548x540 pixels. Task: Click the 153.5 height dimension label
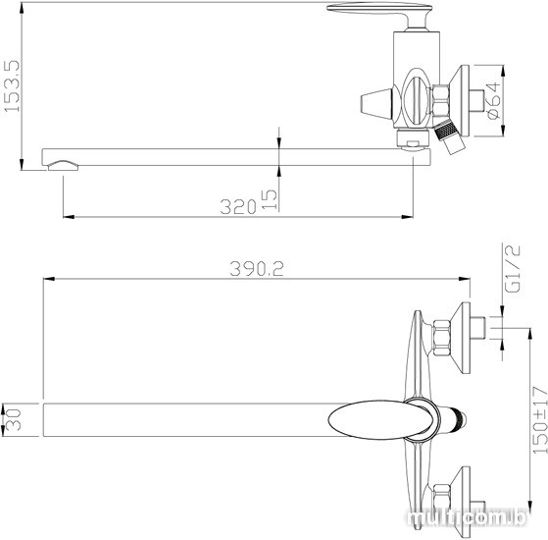click(x=12, y=86)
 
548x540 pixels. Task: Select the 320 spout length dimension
click(x=238, y=206)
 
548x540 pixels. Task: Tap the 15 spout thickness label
click(x=270, y=199)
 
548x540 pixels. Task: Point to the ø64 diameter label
click(x=493, y=101)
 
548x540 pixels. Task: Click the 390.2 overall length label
click(x=257, y=269)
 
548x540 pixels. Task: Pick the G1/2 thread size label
click(x=513, y=268)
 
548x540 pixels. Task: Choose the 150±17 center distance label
click(x=540, y=420)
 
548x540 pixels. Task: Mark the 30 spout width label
click(x=14, y=419)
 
